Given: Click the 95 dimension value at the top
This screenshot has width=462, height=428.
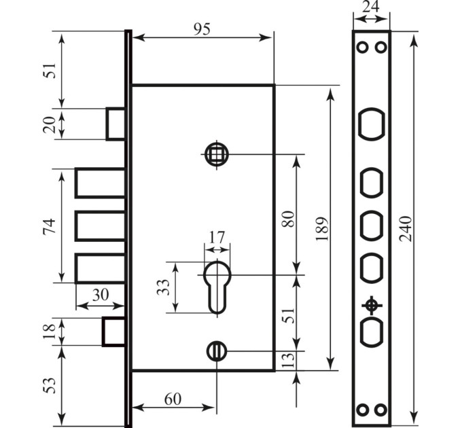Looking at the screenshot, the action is point(202,29).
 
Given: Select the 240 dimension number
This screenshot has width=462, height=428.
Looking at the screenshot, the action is point(406,229).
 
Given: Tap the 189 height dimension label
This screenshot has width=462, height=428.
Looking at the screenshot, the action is point(322,229).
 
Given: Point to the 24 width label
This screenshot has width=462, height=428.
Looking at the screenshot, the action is point(371,7).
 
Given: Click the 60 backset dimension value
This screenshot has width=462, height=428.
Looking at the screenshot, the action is point(173,399).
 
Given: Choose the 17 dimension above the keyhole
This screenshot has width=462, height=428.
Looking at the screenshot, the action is point(217,237).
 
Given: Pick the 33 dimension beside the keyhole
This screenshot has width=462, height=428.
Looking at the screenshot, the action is point(163,287).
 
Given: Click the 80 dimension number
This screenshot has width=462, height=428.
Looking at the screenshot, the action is point(288,219).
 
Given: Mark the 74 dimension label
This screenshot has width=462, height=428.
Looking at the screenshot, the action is point(49,226).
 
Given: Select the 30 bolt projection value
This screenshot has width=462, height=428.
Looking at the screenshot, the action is point(101,295).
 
